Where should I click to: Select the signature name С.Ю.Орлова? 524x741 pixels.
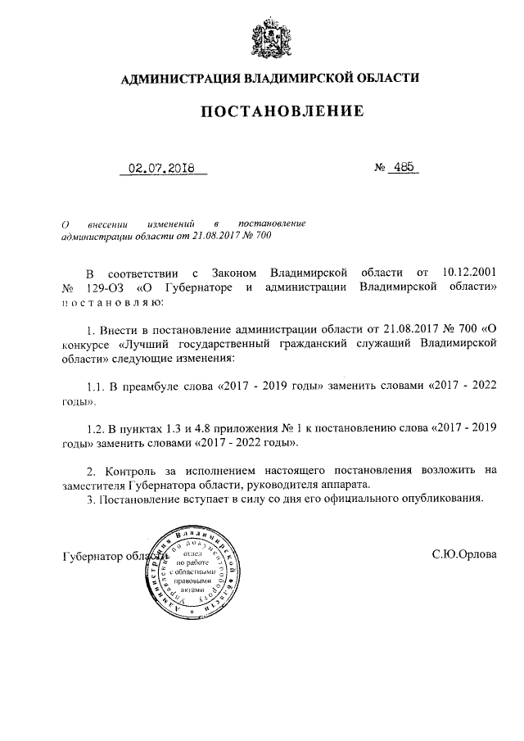pyautogui.click(x=464, y=554)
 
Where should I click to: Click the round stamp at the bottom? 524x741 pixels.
pyautogui.click(x=195, y=571)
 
